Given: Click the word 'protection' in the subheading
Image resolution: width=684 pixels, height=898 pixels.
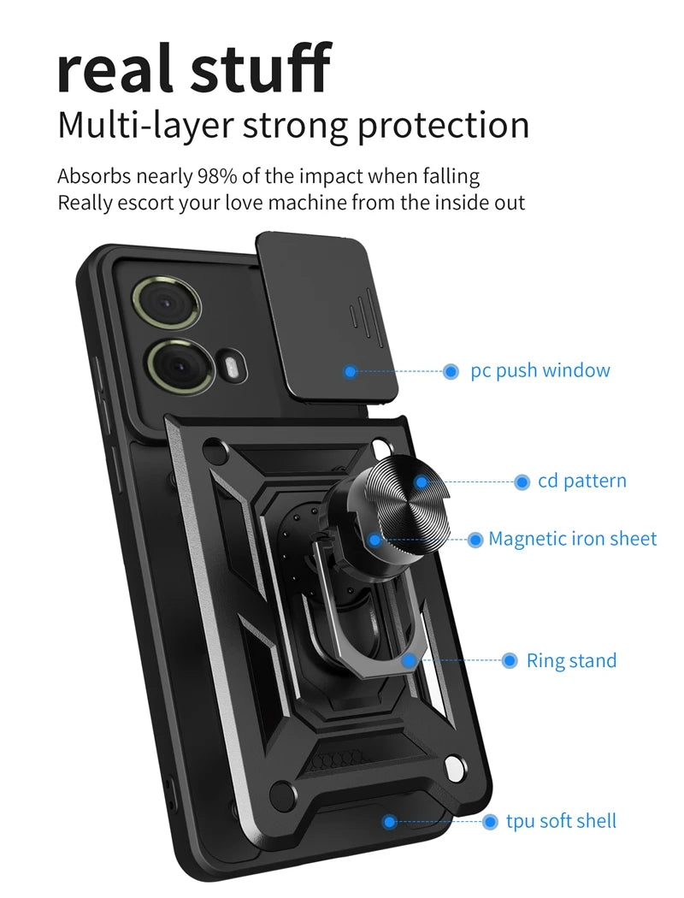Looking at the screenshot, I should [443, 127].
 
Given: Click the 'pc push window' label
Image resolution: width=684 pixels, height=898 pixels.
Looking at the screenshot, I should [540, 371].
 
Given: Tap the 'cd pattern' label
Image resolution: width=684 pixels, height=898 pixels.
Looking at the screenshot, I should [581, 481].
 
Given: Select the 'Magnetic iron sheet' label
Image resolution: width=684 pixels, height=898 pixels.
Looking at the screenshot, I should [572, 540].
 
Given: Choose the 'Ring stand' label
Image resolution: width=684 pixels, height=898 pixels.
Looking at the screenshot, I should [570, 661].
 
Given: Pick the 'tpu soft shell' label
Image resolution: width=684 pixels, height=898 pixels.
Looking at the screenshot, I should [561, 822].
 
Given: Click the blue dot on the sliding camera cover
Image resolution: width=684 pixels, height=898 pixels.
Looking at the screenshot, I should [350, 371].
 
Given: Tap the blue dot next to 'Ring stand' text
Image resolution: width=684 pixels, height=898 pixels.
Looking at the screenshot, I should [510, 661].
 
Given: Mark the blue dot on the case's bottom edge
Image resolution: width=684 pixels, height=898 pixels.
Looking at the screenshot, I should [389, 822].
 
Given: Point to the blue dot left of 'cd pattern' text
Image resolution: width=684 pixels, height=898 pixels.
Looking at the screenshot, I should [522, 482].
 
